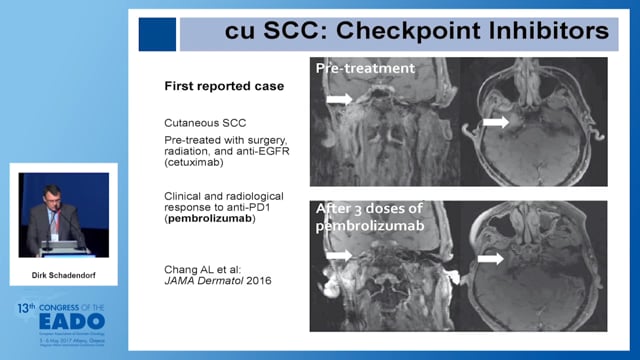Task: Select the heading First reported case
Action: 224,86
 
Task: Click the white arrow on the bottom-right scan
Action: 490,258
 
